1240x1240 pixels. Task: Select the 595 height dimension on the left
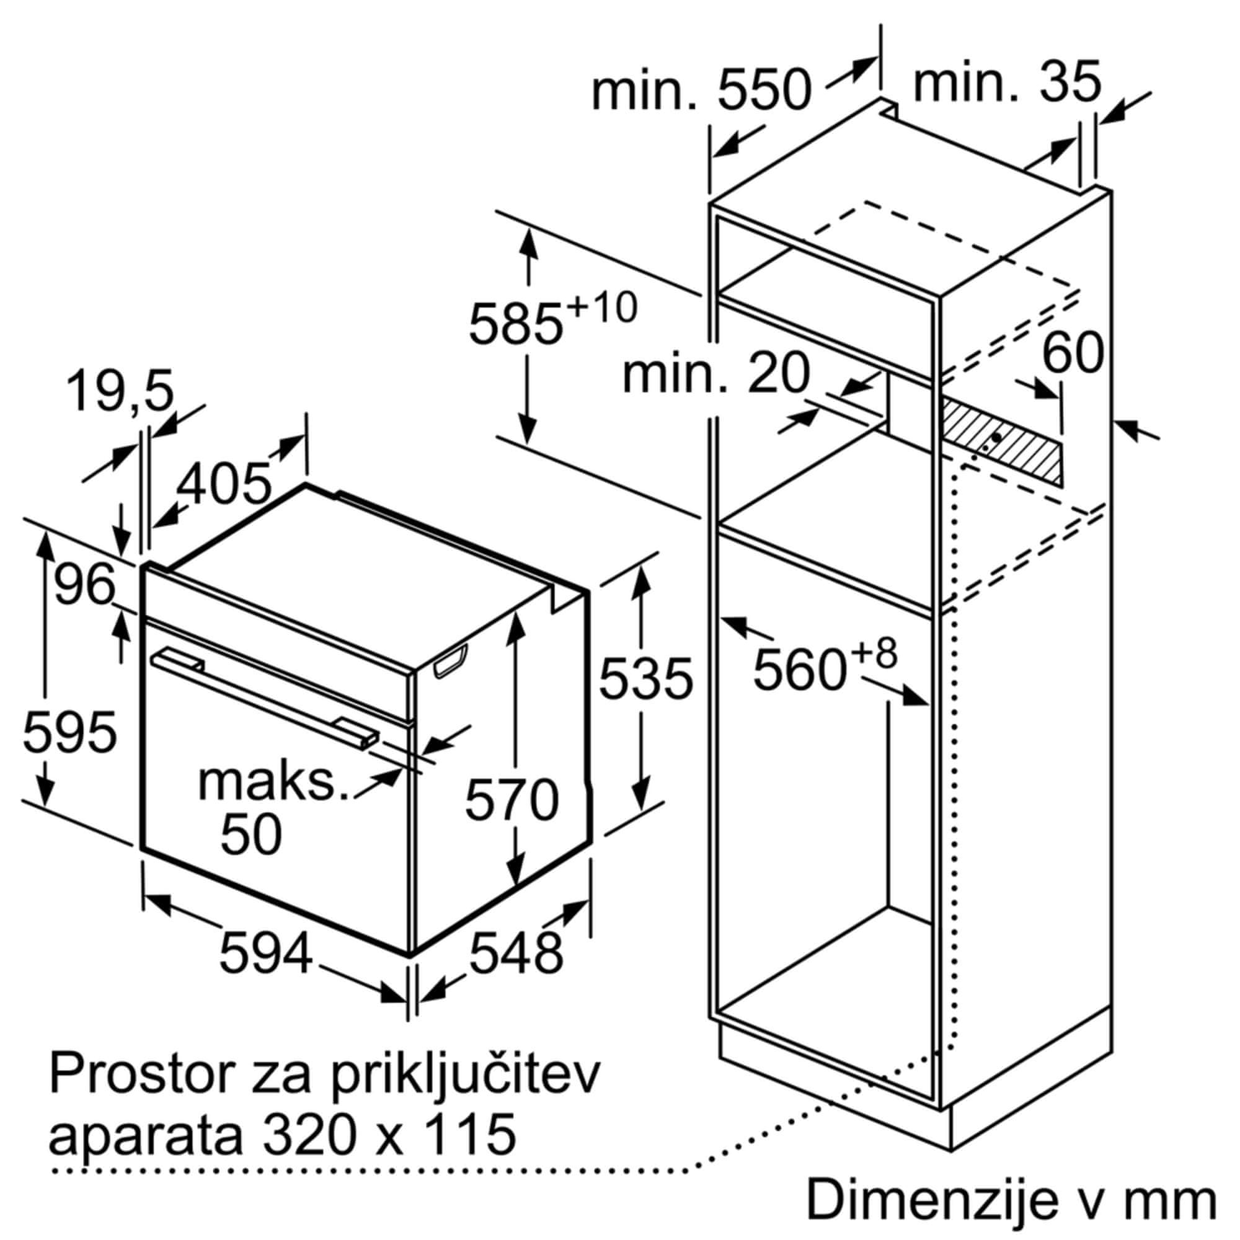[70, 732]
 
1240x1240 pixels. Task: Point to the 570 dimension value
[512, 800]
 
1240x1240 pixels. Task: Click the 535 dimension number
[645, 678]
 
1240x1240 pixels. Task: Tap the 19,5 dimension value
[121, 393]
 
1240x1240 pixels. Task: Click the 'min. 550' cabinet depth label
[701, 91]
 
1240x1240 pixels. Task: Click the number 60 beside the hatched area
[1073, 352]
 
